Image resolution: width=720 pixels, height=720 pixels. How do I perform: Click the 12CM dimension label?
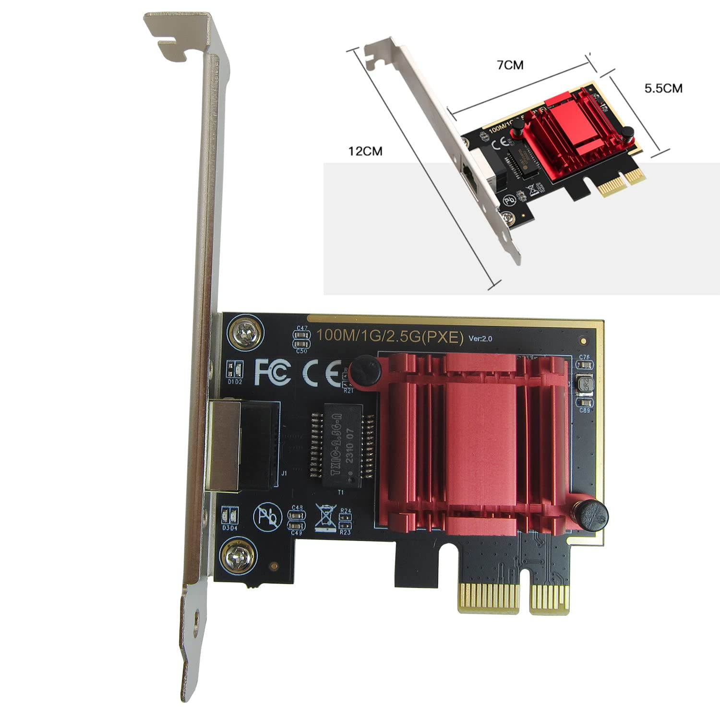(x=365, y=151)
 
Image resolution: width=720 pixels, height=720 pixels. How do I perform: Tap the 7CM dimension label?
(x=510, y=65)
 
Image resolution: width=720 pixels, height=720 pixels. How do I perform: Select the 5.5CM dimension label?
(x=663, y=88)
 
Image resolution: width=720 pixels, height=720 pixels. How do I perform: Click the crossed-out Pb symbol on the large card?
(x=265, y=517)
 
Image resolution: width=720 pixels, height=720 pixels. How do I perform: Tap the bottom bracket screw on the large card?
(x=235, y=557)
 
